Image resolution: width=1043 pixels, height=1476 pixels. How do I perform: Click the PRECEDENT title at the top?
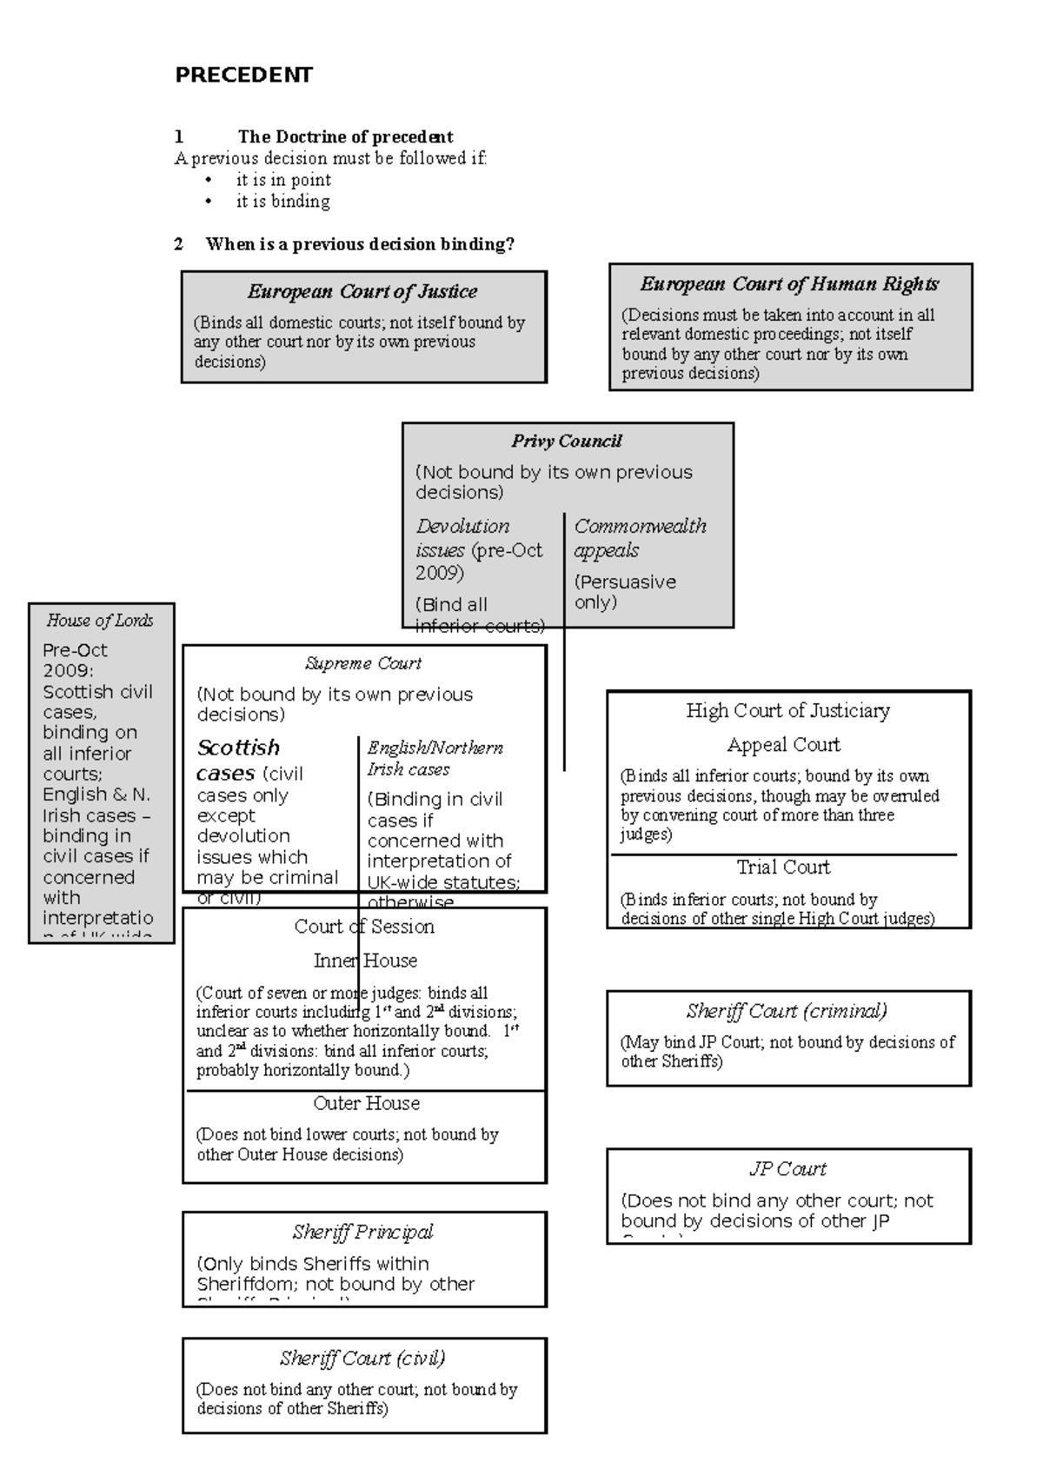243,75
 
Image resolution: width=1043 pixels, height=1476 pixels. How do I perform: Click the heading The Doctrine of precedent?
345,136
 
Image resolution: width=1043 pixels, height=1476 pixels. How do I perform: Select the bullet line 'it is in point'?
283,180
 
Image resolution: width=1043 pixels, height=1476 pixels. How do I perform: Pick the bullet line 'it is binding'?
282,202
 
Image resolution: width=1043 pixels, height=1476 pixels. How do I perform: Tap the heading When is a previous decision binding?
360,244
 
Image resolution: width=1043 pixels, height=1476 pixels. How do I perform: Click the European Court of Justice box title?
362,291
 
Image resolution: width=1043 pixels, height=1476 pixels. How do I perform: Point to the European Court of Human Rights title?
789,284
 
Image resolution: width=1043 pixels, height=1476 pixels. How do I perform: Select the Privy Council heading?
567,441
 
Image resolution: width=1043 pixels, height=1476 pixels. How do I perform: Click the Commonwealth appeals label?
640,538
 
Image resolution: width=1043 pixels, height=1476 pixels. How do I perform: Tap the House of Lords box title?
100,621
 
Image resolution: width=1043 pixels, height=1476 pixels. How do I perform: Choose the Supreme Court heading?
363,663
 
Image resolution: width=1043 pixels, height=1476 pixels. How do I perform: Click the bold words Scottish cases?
238,759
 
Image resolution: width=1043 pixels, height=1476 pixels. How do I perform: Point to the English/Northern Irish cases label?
435,758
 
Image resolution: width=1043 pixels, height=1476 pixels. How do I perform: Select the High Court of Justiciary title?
787,711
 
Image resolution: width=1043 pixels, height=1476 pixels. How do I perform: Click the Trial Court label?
783,868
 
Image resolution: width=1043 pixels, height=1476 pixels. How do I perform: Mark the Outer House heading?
366,1104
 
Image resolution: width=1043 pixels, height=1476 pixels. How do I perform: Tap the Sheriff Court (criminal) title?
787,1011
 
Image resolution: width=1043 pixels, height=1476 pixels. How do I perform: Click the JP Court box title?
787,1169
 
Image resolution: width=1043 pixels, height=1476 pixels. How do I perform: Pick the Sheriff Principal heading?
362,1232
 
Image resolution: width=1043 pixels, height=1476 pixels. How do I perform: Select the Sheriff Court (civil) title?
362,1358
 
